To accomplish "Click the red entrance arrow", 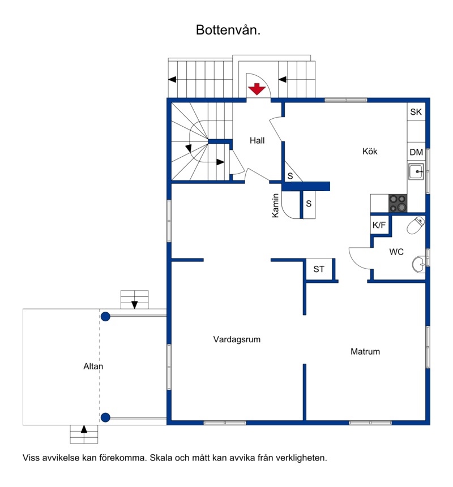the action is [257, 89].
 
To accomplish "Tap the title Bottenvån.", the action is [228, 30].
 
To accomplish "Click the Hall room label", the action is [257, 140].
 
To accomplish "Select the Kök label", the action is [370, 151].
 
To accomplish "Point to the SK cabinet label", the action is [416, 112].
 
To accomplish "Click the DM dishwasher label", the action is [416, 152].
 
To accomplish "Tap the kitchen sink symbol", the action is [416, 171].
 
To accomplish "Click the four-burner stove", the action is [398, 203].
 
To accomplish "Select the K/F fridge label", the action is [379, 225].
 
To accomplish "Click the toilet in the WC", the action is [416, 226].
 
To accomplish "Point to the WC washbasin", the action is [419, 264].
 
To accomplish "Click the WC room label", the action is [396, 252].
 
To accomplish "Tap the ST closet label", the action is [319, 269].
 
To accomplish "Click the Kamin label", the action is [275, 205].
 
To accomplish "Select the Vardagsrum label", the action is [237, 339].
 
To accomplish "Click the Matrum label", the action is [365, 351].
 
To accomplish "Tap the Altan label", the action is [93, 366].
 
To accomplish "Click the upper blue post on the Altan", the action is [105, 317].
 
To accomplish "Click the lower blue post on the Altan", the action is [105, 417].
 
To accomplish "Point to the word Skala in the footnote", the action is [161, 458].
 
